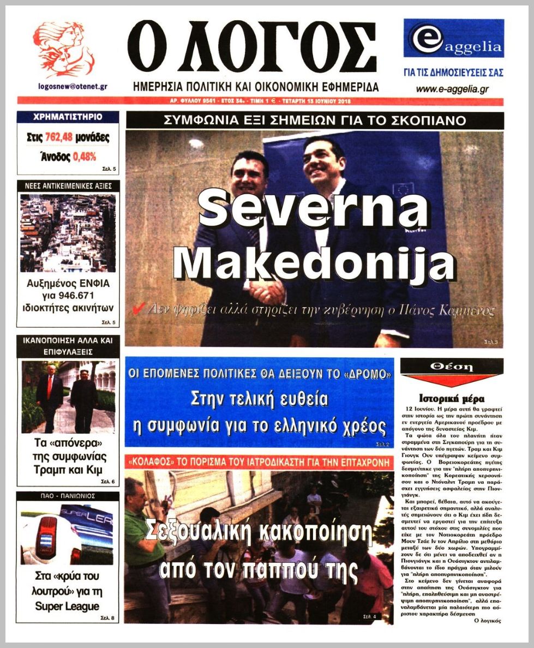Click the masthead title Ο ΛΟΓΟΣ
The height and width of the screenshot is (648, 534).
tap(251, 48)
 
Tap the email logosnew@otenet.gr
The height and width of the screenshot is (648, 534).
tap(72, 86)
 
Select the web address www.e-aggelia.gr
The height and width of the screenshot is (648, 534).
tap(452, 89)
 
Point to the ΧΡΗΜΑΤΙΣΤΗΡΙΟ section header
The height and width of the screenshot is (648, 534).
tap(68, 117)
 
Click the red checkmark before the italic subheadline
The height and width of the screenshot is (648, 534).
tap(139, 310)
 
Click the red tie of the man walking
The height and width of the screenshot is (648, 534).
tap(50, 387)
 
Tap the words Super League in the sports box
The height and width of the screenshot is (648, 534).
tap(68, 606)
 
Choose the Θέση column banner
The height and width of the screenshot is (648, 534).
tap(451, 368)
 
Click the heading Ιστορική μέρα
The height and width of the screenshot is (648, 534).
tap(452, 398)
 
